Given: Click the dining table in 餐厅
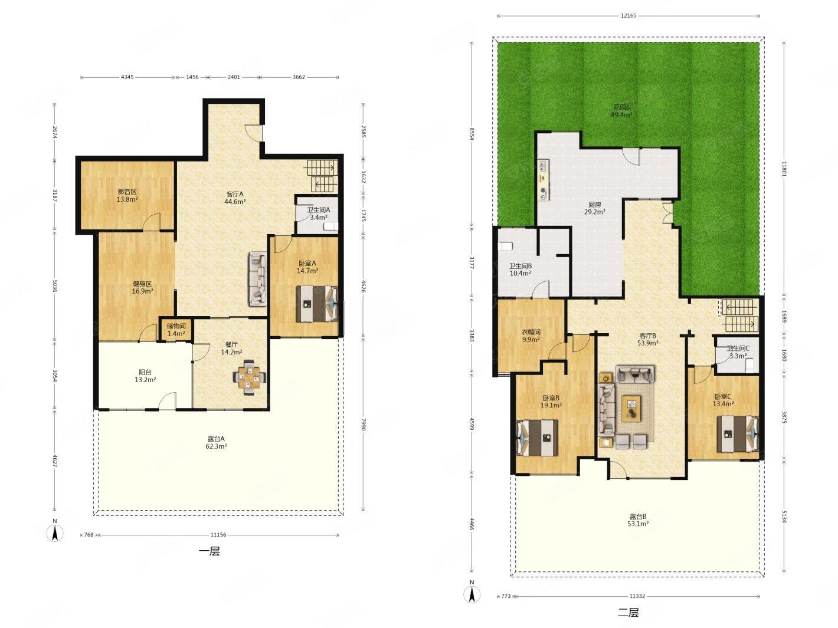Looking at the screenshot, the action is (249, 378).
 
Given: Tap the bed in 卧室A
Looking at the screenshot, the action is (317, 304).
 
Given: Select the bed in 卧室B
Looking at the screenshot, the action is (537, 438).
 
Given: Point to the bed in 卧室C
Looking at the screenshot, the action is (738, 434).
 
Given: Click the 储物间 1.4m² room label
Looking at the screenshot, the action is (176, 330).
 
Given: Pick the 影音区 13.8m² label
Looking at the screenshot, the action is (127, 195).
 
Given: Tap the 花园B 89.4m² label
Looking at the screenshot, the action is (621, 111).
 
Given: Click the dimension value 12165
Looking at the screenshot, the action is (628, 16).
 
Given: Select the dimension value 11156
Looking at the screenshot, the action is (218, 535).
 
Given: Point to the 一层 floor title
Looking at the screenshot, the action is (209, 551).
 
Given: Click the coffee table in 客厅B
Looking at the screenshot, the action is (631, 409).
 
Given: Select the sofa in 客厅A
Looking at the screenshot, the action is (258, 279).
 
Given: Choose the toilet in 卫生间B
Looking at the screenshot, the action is (505, 246).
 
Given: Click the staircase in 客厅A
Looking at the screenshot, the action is (323, 176).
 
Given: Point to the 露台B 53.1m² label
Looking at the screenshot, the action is (638, 520).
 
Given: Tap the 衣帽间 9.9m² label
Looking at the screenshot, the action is (531, 336).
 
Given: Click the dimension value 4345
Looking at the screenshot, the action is (127, 77).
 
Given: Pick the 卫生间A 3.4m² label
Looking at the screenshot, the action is (319, 213).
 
